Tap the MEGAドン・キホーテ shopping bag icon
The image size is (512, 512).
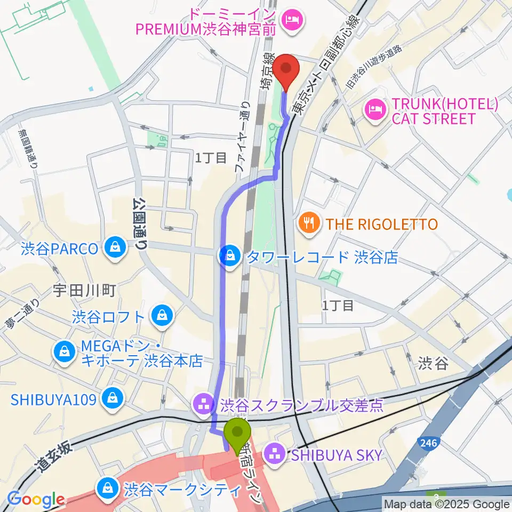(x=63, y=353)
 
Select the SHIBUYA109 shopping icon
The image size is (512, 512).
(x=113, y=397)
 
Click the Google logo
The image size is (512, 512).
(x=36, y=500)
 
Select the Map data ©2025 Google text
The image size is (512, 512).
(x=447, y=504)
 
